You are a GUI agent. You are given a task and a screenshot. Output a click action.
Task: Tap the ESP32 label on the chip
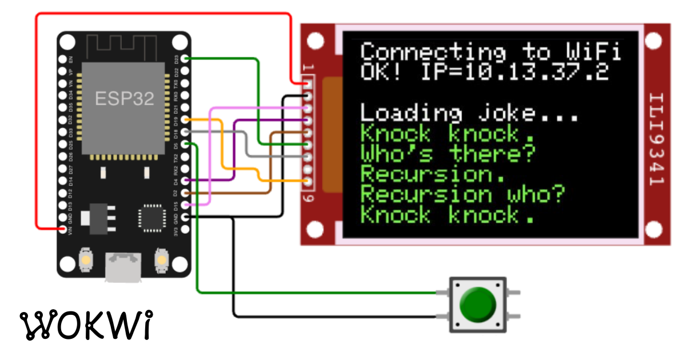click(125, 98)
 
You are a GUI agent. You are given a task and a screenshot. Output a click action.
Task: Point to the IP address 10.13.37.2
click(535, 72)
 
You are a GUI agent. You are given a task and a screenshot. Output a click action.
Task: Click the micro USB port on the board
click(123, 269)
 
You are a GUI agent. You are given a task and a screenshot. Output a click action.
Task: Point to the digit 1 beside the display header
click(309, 68)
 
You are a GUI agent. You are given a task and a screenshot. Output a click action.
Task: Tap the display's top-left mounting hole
click(315, 40)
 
